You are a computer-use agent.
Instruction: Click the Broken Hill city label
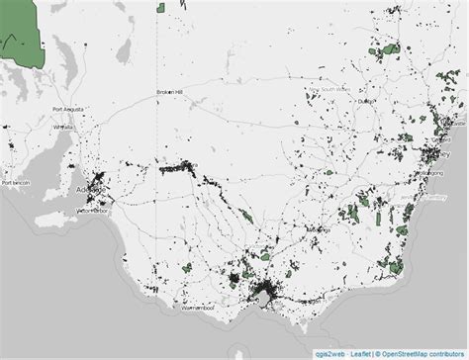[x=170, y=93]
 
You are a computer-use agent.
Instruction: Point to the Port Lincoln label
[x=19, y=182]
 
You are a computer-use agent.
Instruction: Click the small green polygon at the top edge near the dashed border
[x=159, y=7]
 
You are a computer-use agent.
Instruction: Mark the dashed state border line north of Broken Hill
[x=157, y=49]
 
